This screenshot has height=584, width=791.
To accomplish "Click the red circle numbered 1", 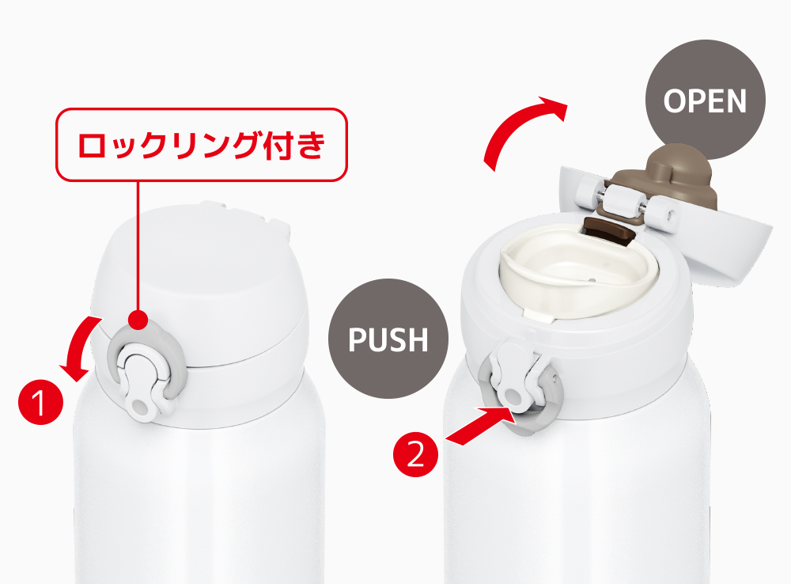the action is tap(41, 402).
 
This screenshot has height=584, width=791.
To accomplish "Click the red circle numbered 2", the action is tap(416, 454).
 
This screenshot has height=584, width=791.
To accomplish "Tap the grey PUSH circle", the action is tap(388, 339).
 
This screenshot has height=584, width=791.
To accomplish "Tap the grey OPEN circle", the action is tap(706, 100).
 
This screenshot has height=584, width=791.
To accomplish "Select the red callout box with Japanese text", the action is tap(201, 145).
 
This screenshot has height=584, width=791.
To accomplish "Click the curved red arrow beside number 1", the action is tap(80, 349).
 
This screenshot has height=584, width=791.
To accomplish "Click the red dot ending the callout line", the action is tap(138, 320).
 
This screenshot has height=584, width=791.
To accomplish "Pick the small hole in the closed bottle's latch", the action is tap(139, 406).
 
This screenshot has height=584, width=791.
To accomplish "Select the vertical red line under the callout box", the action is tap(138, 246).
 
